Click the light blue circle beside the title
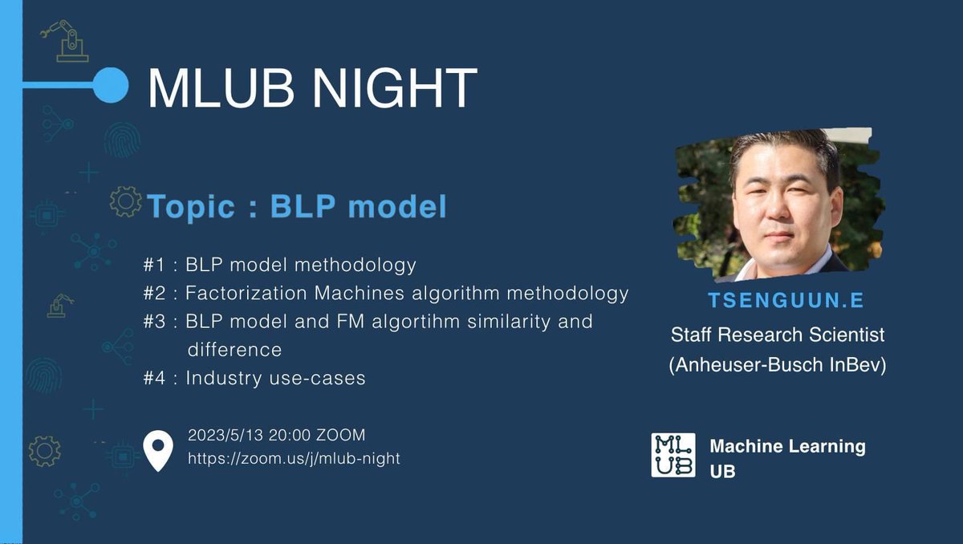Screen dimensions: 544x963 [x=110, y=84]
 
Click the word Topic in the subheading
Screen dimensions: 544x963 [x=191, y=206]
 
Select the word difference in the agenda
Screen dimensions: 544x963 [x=234, y=350]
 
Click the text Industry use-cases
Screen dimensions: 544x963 [x=275, y=378]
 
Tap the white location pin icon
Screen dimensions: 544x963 [x=157, y=450]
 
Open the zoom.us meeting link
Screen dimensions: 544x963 [x=294, y=459]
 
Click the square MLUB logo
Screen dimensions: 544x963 [x=673, y=455]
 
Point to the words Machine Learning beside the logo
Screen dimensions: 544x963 [x=787, y=446]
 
